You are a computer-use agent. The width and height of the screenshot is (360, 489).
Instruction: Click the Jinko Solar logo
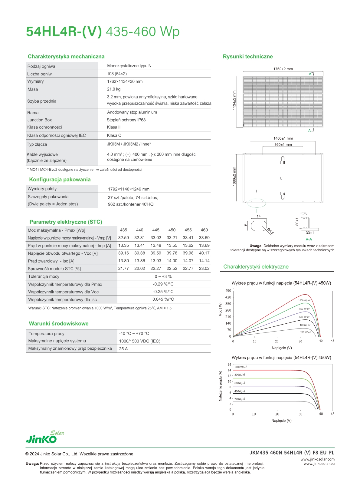click(x=45, y=437)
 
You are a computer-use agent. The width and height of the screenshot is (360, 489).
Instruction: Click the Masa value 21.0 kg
click(x=114, y=89)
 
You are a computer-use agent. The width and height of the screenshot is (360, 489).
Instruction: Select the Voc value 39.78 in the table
click(x=172, y=253)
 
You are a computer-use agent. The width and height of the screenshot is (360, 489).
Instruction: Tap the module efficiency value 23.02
click(x=204, y=269)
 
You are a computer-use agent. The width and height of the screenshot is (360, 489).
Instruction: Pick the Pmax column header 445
click(x=156, y=230)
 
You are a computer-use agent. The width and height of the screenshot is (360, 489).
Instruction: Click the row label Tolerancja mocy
click(x=44, y=276)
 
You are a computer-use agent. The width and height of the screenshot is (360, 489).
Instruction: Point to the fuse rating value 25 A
click(x=123, y=349)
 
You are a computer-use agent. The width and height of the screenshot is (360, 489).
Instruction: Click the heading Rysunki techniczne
click(x=248, y=57)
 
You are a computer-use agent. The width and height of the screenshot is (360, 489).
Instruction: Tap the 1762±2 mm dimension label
click(x=283, y=69)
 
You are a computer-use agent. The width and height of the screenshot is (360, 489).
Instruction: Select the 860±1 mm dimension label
click(x=283, y=145)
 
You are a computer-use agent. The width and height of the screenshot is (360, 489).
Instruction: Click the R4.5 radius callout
click(x=270, y=231)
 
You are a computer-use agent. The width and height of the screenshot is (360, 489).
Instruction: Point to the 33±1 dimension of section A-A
click(x=310, y=233)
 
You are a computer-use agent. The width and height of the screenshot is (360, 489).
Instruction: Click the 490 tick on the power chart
click(x=228, y=291)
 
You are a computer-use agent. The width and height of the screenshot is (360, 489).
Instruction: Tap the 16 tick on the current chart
click(x=229, y=365)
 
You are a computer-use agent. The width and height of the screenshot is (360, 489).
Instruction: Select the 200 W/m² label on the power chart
click(x=305, y=332)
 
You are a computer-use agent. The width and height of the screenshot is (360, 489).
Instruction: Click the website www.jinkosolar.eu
click(x=319, y=464)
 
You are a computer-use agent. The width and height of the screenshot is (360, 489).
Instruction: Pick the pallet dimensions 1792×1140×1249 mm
click(x=129, y=189)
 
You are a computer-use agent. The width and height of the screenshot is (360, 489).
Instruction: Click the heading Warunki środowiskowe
click(x=59, y=324)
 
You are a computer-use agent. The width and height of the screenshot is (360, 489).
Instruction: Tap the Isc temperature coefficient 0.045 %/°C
click(x=163, y=299)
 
